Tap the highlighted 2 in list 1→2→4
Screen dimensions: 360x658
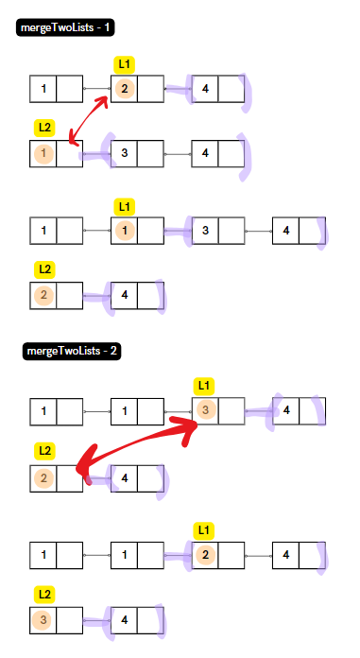click(124, 89)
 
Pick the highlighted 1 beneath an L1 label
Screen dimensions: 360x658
click(124, 230)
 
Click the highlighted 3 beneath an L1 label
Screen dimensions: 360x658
click(205, 411)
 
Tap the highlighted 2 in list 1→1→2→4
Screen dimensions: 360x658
click(205, 554)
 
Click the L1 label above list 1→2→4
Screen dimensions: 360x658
click(124, 64)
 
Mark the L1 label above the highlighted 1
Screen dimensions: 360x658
click(124, 205)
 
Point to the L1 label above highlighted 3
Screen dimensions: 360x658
click(205, 386)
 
